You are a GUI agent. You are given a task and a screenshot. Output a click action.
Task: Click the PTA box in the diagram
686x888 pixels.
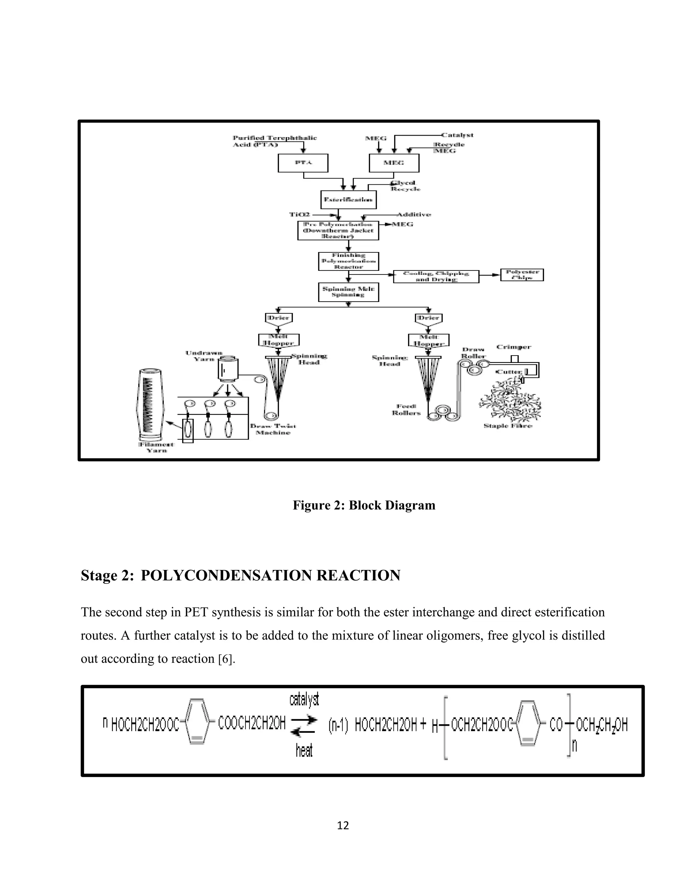click(303, 163)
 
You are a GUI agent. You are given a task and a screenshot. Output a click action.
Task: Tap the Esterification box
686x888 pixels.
click(348, 200)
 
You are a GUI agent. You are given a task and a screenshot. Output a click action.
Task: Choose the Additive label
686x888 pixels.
click(414, 214)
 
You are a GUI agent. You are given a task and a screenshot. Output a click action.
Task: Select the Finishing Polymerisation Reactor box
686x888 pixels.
click(348, 261)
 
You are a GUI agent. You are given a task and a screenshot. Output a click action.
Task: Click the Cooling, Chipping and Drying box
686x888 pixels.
click(436, 276)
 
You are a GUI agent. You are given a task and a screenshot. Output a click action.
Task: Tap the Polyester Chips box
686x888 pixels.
click(522, 275)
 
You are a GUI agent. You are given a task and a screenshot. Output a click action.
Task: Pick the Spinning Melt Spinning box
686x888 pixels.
click(348, 292)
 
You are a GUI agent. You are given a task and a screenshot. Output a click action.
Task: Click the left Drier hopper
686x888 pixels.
click(279, 319)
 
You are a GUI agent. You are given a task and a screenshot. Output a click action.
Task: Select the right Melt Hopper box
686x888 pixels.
click(428, 340)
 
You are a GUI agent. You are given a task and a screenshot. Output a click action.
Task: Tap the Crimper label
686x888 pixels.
click(513, 347)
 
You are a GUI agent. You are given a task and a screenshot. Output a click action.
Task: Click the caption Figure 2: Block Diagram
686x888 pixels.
click(364, 505)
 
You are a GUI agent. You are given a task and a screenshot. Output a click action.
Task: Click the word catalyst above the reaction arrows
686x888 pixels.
click(304, 700)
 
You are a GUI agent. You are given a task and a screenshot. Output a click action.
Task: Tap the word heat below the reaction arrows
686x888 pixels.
click(304, 751)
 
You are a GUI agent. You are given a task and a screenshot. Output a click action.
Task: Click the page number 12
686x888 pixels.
click(343, 825)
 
